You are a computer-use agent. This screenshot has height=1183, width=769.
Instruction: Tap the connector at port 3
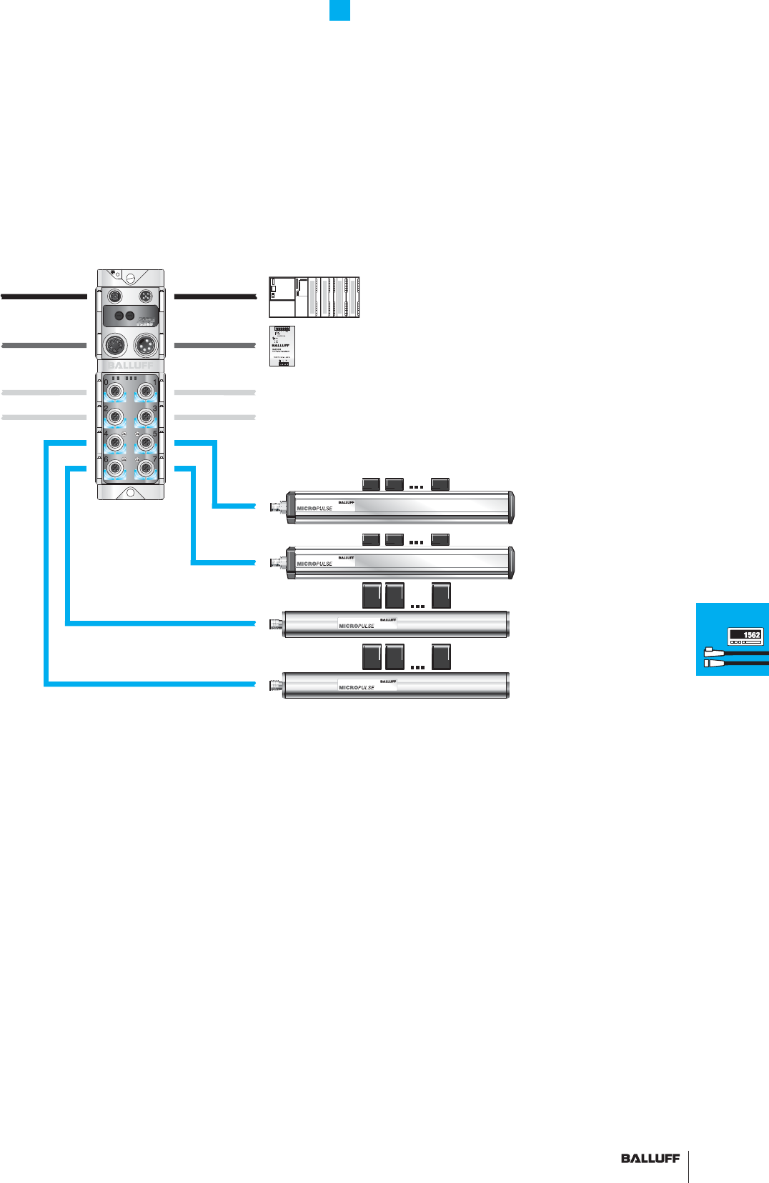point(146,416)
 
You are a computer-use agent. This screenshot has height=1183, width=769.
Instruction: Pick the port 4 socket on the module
point(115,443)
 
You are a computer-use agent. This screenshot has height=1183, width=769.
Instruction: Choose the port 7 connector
point(146,469)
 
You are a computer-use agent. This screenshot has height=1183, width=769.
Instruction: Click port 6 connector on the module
point(115,469)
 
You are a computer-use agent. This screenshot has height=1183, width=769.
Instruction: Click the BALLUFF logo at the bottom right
point(650,1159)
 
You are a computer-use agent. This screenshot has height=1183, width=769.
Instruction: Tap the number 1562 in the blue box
point(751,635)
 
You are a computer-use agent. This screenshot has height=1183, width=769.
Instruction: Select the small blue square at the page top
point(339,10)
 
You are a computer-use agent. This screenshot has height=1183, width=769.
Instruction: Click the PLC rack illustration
point(314,297)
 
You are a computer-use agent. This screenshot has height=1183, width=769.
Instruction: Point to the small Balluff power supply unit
point(282,346)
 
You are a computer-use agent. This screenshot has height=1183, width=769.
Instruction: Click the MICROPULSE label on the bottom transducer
point(356,687)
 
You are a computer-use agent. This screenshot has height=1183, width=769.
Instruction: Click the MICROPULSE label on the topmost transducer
point(314,509)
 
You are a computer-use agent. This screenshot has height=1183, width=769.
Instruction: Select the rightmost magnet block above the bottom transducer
point(441,657)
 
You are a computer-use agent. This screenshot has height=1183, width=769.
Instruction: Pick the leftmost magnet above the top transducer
point(371,484)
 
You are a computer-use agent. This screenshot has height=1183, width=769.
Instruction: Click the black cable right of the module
point(214,296)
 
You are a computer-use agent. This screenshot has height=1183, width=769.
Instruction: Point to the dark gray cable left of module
point(44,346)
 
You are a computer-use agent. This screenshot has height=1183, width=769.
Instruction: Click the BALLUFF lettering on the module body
point(130,365)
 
